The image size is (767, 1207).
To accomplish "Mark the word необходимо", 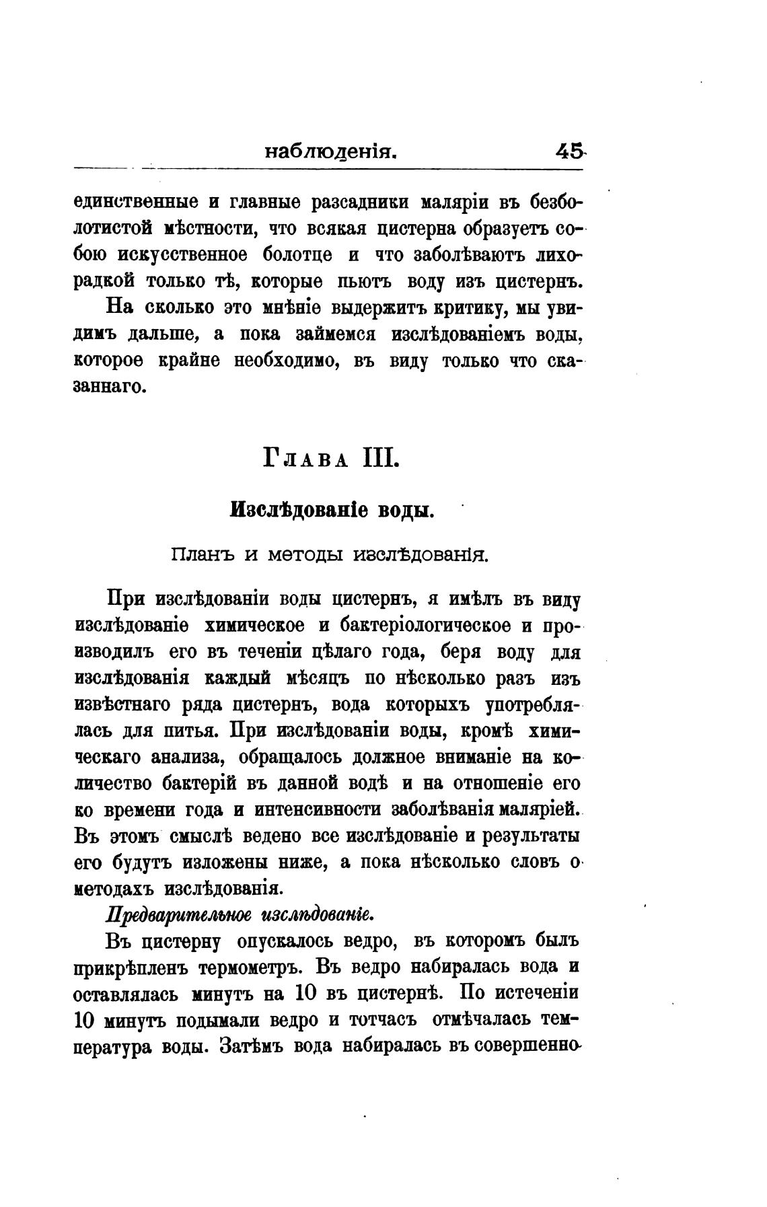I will (x=284, y=361).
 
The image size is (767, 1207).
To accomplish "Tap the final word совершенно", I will (x=529, y=1048).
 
